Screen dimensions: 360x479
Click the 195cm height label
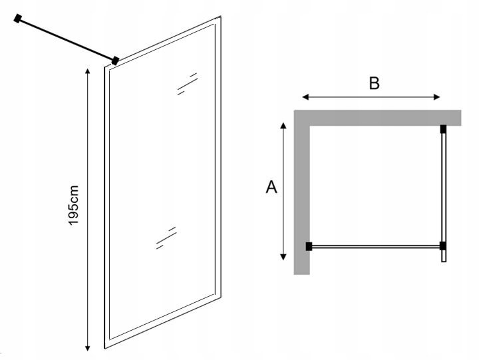coord(74,205)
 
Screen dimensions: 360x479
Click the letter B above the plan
coord(374,83)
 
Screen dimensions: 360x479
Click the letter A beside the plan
coord(271,187)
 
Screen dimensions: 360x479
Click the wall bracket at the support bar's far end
coord(18,19)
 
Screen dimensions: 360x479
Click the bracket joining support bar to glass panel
coord(115,61)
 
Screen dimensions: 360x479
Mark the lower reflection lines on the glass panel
coord(166,237)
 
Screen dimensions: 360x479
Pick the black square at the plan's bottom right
coord(443,246)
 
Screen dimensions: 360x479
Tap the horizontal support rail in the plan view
coord(376,246)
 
